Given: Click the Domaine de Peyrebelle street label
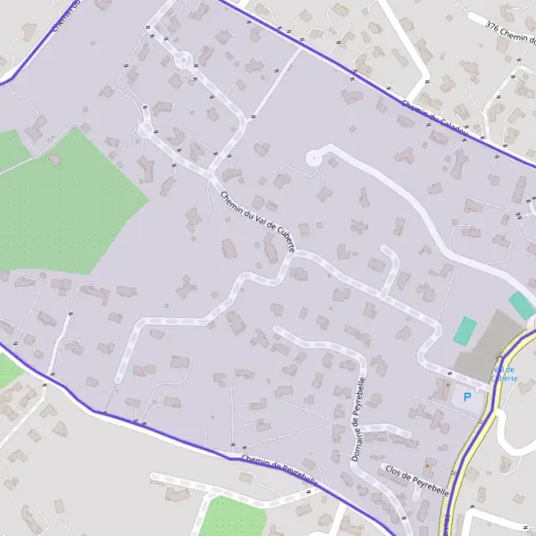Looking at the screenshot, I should pyautogui.click(x=360, y=418).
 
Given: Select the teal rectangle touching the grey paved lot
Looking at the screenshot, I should pyautogui.click(x=465, y=331).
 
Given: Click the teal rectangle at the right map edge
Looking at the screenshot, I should pyautogui.click(x=521, y=305).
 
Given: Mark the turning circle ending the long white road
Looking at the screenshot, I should pyautogui.click(x=314, y=158).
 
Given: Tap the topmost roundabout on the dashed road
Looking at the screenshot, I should pyautogui.click(x=183, y=61).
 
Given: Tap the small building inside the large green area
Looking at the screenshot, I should pyautogui.click(x=54, y=160).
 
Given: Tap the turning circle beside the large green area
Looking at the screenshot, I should pyautogui.click(x=146, y=130).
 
